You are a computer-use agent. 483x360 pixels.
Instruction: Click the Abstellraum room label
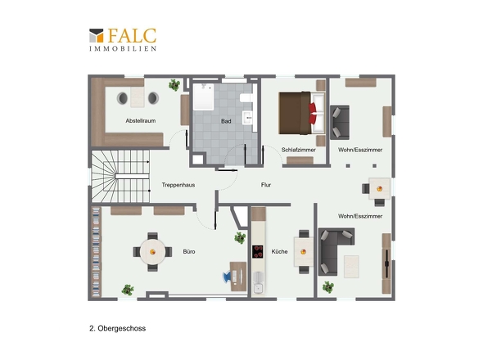point(141,121)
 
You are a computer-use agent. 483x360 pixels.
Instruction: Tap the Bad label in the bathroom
point(226,121)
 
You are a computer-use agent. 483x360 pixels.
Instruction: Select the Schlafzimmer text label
point(299,150)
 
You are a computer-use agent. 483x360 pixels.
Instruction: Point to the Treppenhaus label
point(178,185)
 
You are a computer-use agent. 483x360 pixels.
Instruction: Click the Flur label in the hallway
point(266,185)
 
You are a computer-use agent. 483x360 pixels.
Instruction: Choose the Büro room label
point(189,252)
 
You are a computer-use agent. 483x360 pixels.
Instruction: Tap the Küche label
point(279,252)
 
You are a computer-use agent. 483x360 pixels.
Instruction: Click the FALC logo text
point(132,36)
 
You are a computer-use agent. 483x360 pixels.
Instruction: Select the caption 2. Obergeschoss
point(117,328)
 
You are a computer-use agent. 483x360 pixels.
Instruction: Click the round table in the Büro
point(152,252)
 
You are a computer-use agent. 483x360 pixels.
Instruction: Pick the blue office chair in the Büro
point(227,277)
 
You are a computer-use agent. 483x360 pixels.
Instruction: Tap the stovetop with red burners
point(258,252)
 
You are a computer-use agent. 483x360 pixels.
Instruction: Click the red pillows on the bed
point(313,114)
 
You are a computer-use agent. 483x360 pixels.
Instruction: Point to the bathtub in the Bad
point(203,97)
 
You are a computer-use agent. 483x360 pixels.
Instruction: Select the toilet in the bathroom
point(246,98)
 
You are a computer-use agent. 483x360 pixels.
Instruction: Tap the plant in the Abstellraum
point(174,85)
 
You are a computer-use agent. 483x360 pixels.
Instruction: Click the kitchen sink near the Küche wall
point(258,288)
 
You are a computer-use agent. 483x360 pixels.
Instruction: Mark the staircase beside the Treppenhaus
point(120,176)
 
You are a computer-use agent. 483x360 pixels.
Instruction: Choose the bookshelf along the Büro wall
point(97,252)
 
